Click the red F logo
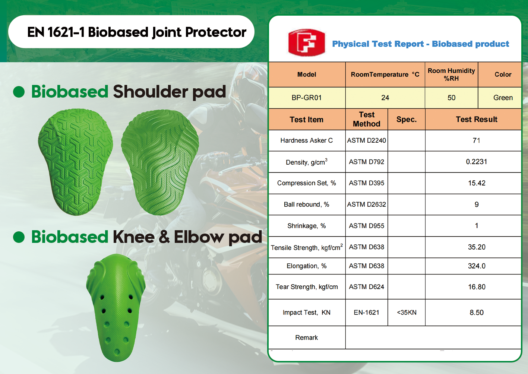click(x=306, y=43)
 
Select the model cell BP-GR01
click(x=306, y=98)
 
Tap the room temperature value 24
click(x=385, y=98)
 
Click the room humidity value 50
click(x=451, y=98)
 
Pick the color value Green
click(x=503, y=98)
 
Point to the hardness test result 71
click(x=476, y=140)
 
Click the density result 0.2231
click(x=476, y=162)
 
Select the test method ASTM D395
click(x=367, y=183)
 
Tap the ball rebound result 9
click(x=477, y=204)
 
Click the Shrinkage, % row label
click(x=306, y=226)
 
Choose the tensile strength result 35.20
click(x=477, y=247)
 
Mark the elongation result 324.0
click(x=477, y=266)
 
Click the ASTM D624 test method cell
click(x=367, y=287)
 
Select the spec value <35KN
click(x=407, y=313)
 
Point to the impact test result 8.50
click(x=477, y=313)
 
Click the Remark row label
click(x=306, y=337)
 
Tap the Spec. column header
click(x=407, y=120)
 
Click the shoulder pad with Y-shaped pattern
click(x=75, y=162)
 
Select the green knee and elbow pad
click(x=116, y=308)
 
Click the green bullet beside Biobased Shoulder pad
click(x=19, y=92)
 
